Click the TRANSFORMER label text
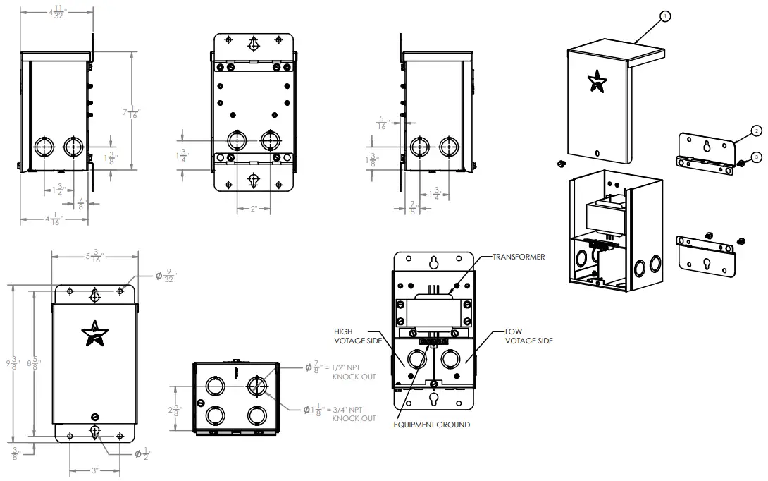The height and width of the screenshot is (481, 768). pyautogui.click(x=519, y=257)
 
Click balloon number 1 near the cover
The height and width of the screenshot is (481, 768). pyautogui.click(x=666, y=15)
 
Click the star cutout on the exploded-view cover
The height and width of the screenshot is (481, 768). pyautogui.click(x=598, y=81)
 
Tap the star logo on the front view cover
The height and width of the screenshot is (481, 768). pyautogui.click(x=94, y=334)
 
